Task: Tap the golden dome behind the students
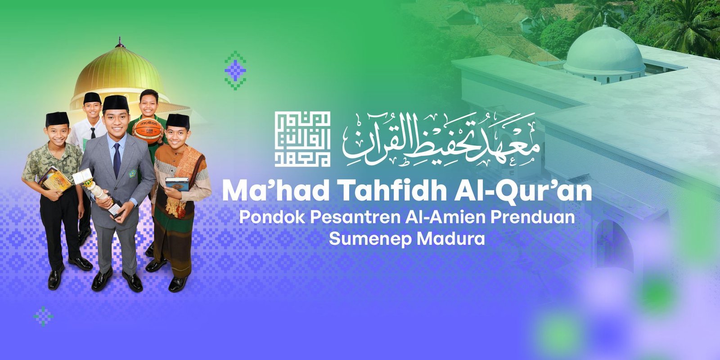pos(118,72)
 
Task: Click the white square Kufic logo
pos(303,139)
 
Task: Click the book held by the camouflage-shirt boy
pos(54,178)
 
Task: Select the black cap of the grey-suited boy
pos(116,103)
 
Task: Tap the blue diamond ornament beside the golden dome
pos(235,70)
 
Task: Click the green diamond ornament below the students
pos(43,316)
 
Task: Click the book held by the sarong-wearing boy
pos(177,184)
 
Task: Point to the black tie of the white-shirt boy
pos(93,133)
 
